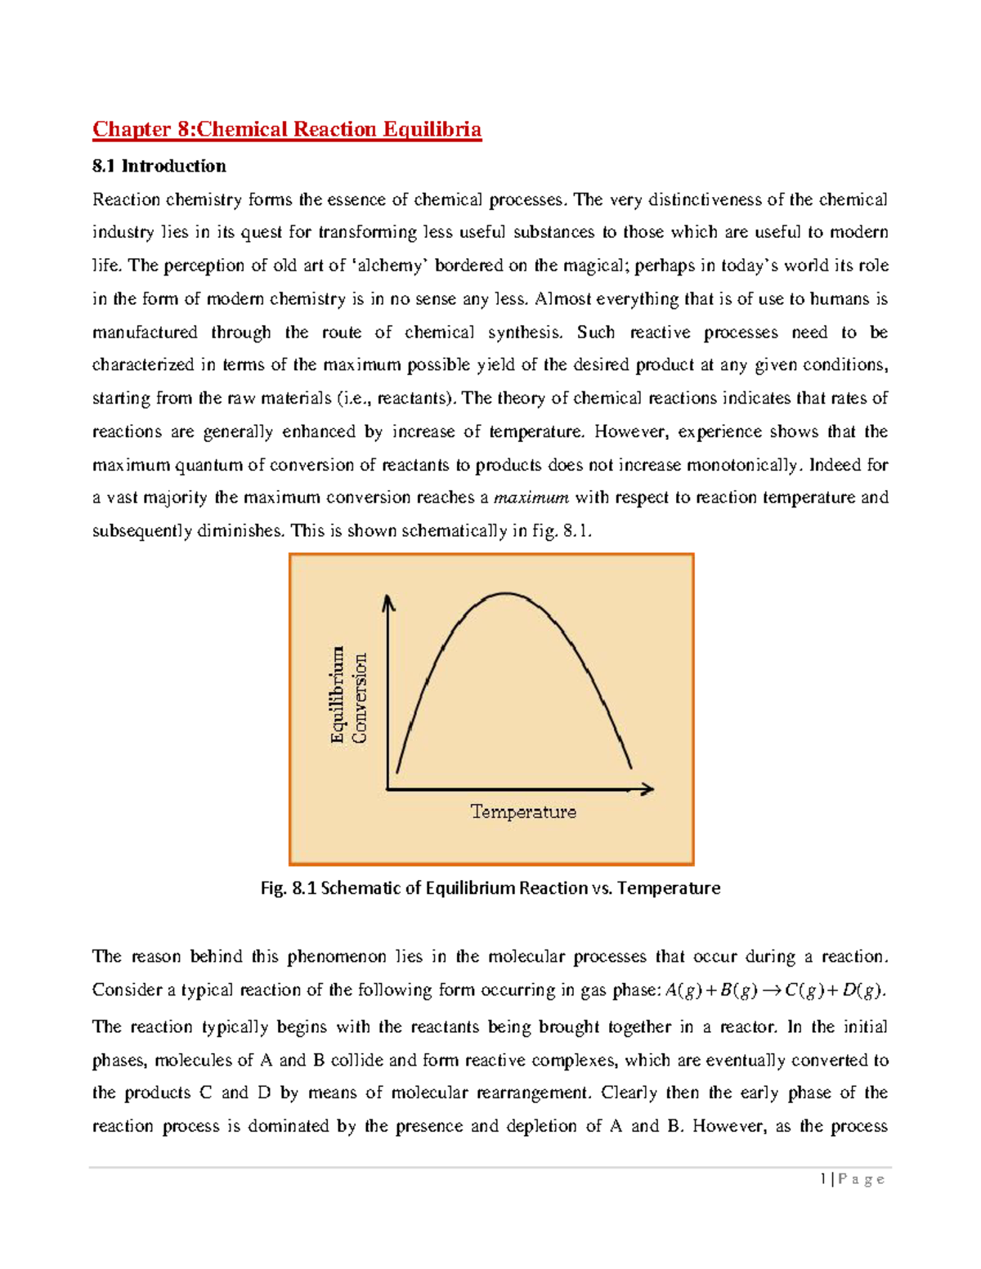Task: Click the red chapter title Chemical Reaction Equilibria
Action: tap(286, 129)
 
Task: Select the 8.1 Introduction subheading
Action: tap(159, 166)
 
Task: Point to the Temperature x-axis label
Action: tap(523, 811)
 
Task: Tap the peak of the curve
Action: tap(507, 594)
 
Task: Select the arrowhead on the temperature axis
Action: tap(648, 789)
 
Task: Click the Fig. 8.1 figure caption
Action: tap(490, 887)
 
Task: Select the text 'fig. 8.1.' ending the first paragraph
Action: tap(562, 531)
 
